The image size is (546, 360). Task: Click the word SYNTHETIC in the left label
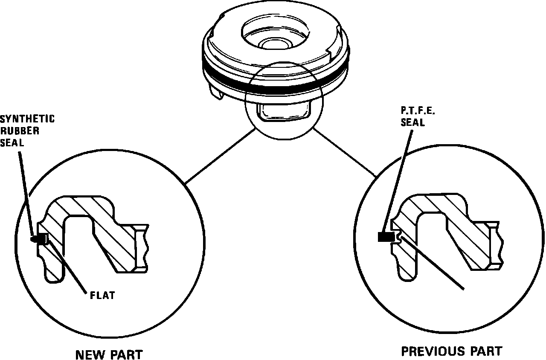(27, 119)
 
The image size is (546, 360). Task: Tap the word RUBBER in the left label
(19, 131)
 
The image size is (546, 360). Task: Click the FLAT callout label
(102, 295)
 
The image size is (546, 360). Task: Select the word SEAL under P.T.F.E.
(412, 122)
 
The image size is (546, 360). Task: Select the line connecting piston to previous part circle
(346, 154)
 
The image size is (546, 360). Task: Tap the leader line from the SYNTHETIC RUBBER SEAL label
(26, 192)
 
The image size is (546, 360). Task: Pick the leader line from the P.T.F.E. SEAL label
(399, 179)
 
